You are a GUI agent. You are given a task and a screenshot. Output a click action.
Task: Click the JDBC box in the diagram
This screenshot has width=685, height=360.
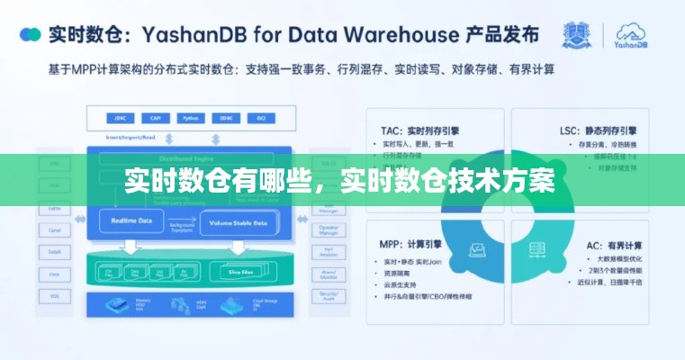pos(120,118)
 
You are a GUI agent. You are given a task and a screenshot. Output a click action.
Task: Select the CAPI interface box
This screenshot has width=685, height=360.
pos(155,118)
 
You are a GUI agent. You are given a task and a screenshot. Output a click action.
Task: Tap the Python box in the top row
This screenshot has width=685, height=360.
pos(189,118)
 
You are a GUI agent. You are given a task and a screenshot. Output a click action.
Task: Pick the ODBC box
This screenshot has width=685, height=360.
pos(224,118)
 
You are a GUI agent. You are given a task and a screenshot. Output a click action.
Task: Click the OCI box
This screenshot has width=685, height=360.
pos(259,118)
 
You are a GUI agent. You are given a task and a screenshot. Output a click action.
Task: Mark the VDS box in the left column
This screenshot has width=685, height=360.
pos(55,294)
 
